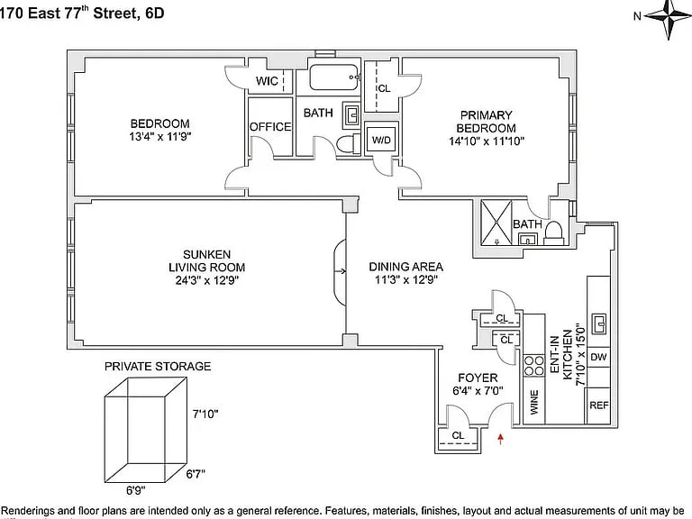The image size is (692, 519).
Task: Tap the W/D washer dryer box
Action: [381, 140]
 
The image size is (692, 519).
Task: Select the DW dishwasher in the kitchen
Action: [599, 358]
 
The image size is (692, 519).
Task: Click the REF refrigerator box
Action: [599, 405]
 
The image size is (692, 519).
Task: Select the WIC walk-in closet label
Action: [267, 81]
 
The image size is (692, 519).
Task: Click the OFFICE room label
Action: [270, 127]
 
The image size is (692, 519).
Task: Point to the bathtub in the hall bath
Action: [334, 77]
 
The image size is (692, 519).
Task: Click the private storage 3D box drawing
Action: [137, 429]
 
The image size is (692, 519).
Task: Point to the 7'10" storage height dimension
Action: [205, 414]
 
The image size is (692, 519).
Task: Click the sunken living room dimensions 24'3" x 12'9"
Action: [206, 280]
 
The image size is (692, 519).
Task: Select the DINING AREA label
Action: [405, 267]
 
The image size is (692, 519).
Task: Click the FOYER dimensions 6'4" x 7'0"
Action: [478, 391]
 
